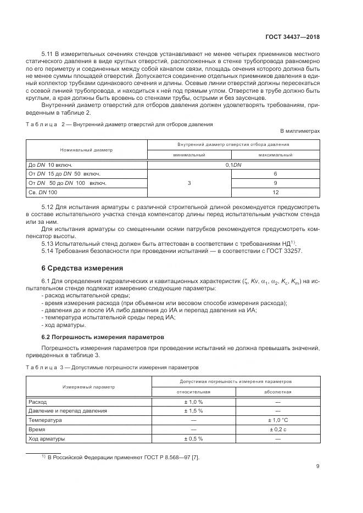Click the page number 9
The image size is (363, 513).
[318, 467]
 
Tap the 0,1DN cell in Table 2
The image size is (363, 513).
[233, 164]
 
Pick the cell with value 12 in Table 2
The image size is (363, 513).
[276, 193]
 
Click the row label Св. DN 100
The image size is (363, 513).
[43, 193]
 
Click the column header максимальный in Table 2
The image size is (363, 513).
[276, 155]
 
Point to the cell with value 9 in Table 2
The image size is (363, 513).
[276, 183]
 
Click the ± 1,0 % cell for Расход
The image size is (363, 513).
[193, 402]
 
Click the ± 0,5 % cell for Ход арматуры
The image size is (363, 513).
[193, 439]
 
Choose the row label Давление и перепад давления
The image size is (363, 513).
[68, 411]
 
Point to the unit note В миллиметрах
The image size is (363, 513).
[300, 132]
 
